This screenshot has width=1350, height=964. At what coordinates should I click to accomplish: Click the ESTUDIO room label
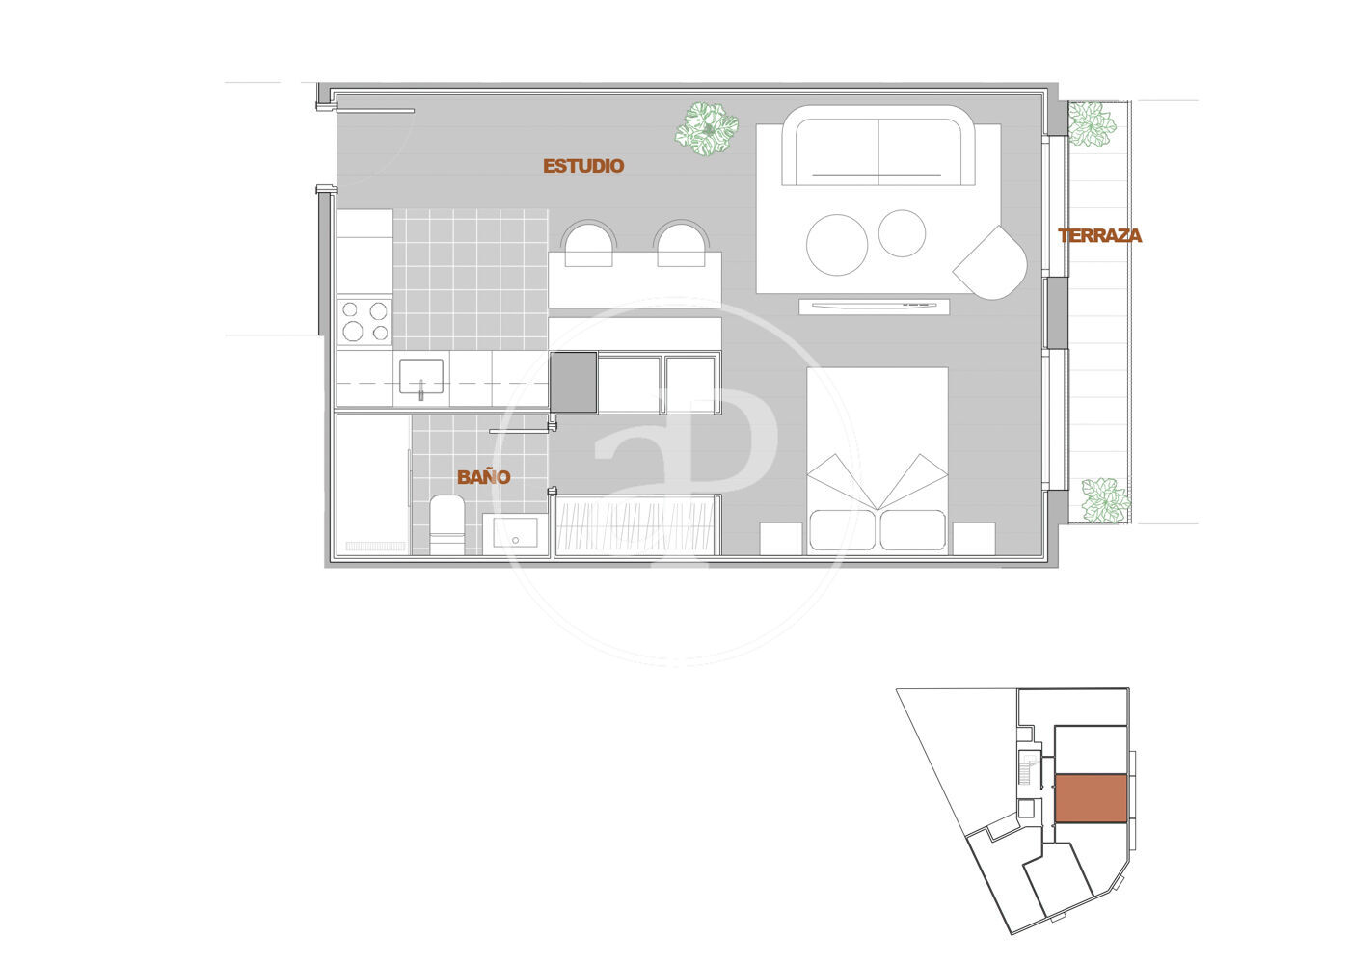point(583,166)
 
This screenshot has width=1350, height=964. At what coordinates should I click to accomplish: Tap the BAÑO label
point(484,477)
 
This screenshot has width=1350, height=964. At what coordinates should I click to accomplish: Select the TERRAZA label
point(1100,235)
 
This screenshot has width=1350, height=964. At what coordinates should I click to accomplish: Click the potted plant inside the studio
point(706,129)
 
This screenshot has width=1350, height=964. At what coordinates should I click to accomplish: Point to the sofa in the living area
point(878,147)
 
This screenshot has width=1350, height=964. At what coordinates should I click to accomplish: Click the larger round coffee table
point(837,245)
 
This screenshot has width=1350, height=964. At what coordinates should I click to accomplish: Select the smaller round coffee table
point(902,233)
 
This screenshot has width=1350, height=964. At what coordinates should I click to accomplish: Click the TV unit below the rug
point(875,307)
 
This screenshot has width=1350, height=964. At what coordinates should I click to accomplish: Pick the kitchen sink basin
point(421,377)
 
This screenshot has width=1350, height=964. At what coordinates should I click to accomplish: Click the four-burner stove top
point(364,322)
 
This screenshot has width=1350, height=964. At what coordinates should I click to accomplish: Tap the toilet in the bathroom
point(446,524)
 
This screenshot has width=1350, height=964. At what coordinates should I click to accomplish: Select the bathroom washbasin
point(515,533)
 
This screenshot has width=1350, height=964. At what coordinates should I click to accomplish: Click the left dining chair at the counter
point(588,243)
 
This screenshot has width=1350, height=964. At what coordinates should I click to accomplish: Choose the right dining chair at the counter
point(681,243)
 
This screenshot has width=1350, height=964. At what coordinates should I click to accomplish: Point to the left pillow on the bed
point(843,530)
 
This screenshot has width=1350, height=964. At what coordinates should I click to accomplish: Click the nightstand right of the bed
point(974,539)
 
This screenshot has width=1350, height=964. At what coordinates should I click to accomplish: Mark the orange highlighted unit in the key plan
point(1091,798)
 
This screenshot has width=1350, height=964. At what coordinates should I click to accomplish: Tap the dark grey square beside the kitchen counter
point(573,383)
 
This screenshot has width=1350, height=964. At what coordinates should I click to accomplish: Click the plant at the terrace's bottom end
point(1105,500)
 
